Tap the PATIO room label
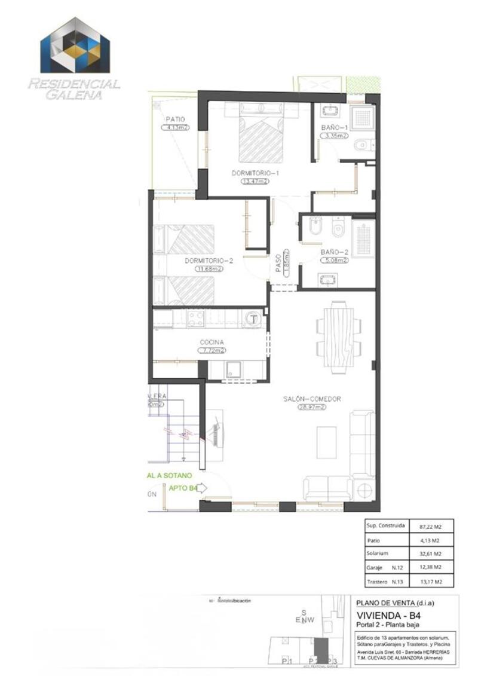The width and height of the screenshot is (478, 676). [x=175, y=119]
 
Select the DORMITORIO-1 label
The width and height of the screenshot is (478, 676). [x=255, y=173]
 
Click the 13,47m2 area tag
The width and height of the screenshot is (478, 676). [x=255, y=182]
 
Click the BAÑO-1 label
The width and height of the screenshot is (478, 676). [x=333, y=128]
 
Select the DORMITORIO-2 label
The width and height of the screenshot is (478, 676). [x=208, y=261]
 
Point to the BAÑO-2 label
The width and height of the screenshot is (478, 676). [x=334, y=252]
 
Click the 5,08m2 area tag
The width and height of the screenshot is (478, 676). [x=334, y=261]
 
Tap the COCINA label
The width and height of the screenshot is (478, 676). [x=212, y=342]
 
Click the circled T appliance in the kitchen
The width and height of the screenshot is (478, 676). [x=253, y=318]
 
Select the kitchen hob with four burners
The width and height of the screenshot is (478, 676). [x=196, y=319]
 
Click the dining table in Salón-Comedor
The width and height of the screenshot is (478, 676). [x=339, y=335]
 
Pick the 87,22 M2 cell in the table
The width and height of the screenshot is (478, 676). [x=429, y=527]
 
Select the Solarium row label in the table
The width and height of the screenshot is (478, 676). [x=377, y=553]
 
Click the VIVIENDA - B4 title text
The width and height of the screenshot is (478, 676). [x=384, y=615]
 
